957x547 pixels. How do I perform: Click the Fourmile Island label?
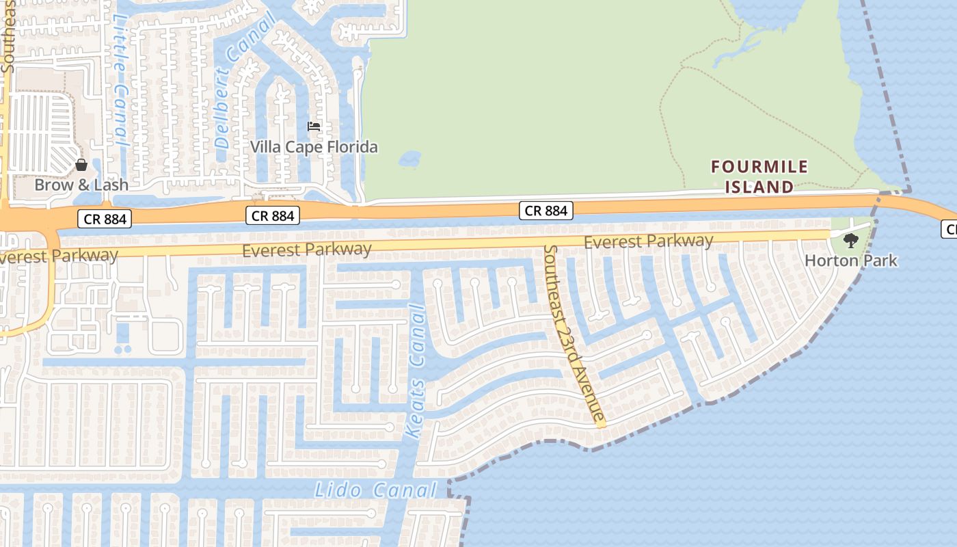[759, 176]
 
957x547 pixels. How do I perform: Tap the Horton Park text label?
[850, 261]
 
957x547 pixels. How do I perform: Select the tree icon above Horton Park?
[850, 240]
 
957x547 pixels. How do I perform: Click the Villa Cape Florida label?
[314, 147]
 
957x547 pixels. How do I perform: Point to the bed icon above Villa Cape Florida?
[314, 126]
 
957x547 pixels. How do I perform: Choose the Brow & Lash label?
[81, 185]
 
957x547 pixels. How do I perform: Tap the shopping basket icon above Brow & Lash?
[81, 165]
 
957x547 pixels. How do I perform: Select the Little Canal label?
[120, 82]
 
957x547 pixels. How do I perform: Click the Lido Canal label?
[375, 490]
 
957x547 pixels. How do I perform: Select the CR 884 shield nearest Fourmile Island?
[546, 211]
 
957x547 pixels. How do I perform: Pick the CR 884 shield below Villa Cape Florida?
[273, 216]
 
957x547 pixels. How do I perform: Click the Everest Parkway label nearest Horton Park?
[648, 241]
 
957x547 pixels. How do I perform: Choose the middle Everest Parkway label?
[307, 250]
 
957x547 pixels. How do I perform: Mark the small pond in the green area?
[410, 159]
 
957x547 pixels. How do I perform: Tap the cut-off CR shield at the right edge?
[949, 229]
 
